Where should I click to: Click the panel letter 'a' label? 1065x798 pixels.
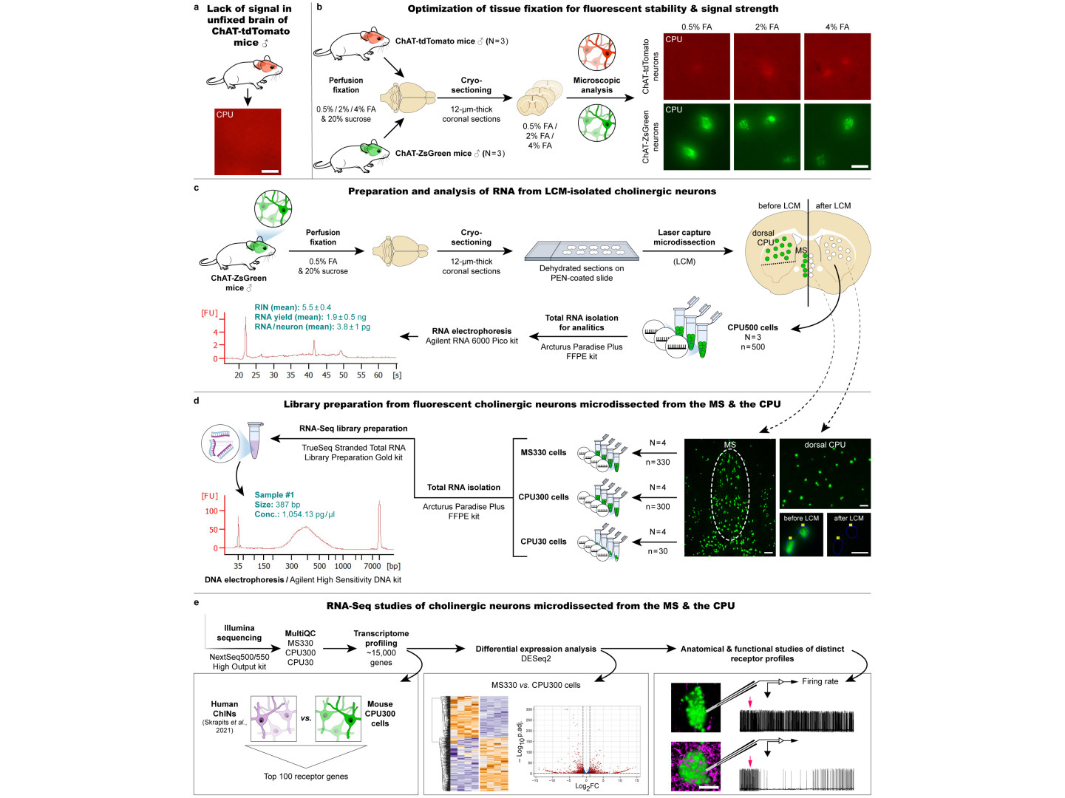197,8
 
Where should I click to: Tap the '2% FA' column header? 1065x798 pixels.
766,27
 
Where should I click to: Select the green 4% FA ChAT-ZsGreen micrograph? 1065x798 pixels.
837,137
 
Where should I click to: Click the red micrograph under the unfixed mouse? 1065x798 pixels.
248,142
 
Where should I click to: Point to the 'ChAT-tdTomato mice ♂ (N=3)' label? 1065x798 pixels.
452,41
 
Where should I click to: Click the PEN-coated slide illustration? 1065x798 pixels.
581,251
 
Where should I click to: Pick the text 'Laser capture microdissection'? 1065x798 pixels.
684,237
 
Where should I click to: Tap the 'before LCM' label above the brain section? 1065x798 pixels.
779,206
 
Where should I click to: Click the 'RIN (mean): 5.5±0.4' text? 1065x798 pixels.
293,307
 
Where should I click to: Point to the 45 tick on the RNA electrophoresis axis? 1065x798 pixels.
326,375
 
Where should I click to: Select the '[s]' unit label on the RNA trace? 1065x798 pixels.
397,375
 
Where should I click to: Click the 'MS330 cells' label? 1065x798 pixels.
543,453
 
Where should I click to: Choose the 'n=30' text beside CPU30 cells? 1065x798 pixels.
658,551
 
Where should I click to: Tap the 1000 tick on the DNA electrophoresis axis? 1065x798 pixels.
343,566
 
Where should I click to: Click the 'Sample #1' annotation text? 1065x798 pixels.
274,495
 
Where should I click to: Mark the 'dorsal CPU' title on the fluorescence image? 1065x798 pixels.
825,445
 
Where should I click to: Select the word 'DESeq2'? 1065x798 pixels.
536,658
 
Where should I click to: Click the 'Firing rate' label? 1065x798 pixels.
820,681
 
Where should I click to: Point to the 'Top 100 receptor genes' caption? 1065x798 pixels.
305,777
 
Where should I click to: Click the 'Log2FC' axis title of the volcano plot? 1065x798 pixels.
587,786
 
